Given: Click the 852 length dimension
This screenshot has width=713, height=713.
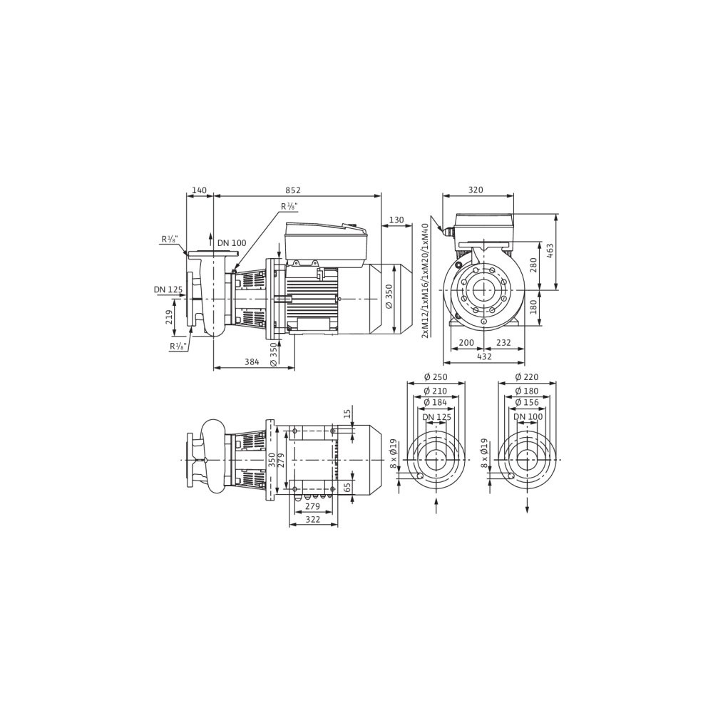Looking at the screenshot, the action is click(293, 190).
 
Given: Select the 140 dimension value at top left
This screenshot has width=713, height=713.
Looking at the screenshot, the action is click(199, 190).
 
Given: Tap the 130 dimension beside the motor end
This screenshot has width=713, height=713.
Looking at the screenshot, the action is click(396, 220).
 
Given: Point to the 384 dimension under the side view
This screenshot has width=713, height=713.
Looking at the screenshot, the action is click(252, 362).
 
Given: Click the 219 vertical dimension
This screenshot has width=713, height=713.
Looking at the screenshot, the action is click(169, 317).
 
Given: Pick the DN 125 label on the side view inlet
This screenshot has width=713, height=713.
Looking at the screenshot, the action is click(168, 289).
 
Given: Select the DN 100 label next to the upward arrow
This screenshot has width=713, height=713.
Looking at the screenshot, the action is click(232, 243).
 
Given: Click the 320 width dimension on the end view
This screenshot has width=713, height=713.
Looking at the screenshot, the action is click(476, 190).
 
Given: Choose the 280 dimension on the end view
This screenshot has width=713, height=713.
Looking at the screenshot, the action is click(534, 265).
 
